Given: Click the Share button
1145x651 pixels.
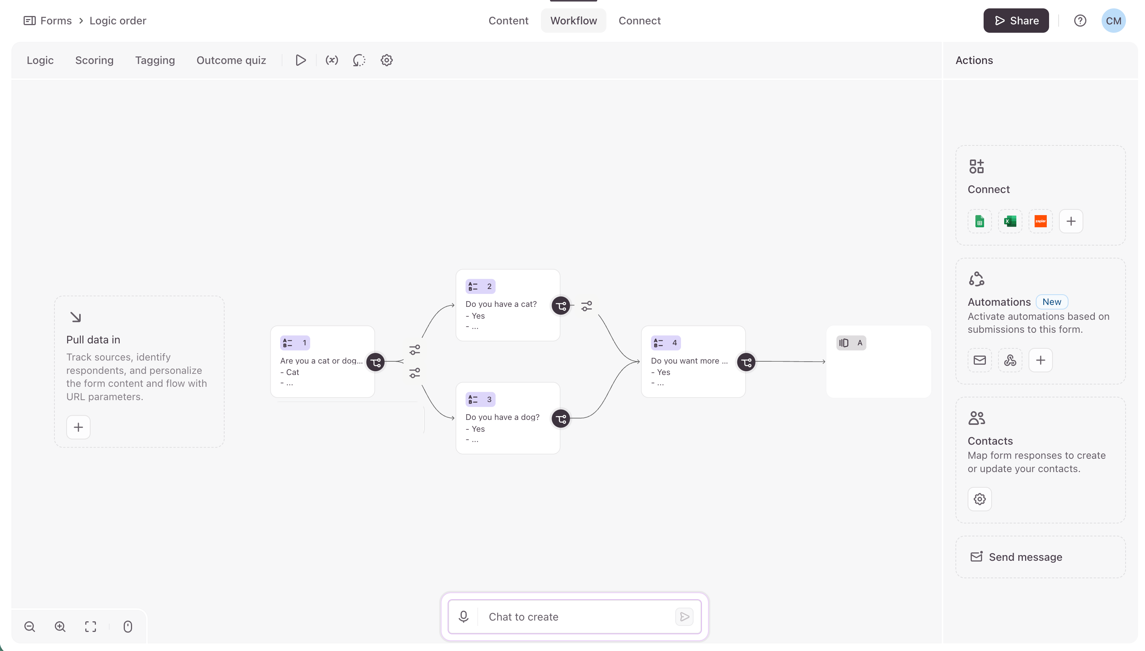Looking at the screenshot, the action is pos(1016,21).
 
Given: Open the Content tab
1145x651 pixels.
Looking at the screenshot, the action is pos(508,21).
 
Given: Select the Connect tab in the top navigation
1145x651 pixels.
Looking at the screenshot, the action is pos(639,21).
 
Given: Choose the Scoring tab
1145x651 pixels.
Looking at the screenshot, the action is pos(94,61).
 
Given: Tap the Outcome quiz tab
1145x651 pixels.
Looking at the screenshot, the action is pos(231,61).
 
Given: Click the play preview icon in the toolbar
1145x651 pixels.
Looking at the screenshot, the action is pos(301,61).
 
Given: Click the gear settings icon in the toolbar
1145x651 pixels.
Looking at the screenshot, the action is pos(387,61).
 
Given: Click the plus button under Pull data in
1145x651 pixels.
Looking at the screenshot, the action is pos(78,428).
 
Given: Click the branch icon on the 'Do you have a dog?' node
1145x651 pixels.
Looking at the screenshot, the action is pos(561,418).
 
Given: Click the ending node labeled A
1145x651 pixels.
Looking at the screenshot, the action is pos(879,362).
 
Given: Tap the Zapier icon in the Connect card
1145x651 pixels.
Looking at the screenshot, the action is pos(1040,221).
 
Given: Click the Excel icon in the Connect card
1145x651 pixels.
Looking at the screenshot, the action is pos(1010,221).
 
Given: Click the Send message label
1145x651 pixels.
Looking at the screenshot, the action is pos(1025,557).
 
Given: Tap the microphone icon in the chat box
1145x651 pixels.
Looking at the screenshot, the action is pos(464,617).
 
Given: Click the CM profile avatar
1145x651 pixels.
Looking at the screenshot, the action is pos(1113,21).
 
